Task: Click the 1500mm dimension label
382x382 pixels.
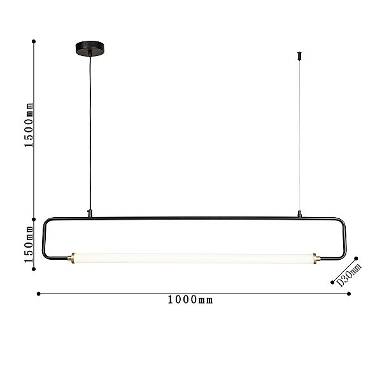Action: (x=29, y=125)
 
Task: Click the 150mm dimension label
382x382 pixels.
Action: (x=29, y=244)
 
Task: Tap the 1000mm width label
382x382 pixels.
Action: (x=190, y=300)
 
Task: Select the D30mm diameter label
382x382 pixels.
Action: (x=349, y=275)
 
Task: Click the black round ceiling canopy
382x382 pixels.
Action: (x=90, y=48)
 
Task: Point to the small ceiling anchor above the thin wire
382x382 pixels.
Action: (x=300, y=56)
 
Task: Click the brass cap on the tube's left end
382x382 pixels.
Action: (x=73, y=258)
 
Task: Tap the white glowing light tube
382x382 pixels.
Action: (x=194, y=258)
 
